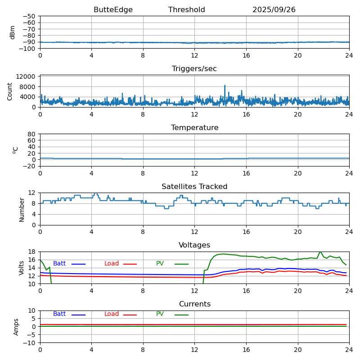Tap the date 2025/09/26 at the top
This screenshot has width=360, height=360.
pyautogui.click(x=274, y=10)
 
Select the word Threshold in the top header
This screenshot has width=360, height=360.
pyautogui.click(x=186, y=10)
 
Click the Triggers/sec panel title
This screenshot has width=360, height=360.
pyautogui.click(x=194, y=69)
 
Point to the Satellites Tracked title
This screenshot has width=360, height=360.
pyautogui.click(x=194, y=187)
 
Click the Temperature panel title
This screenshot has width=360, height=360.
pyautogui.click(x=194, y=128)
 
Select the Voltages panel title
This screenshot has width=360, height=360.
pyautogui.click(x=194, y=245)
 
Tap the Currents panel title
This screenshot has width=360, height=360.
pyautogui.click(x=194, y=304)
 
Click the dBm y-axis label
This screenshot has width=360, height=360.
pyautogui.click(x=13, y=32)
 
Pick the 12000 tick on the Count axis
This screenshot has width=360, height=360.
pyautogui.click(x=27, y=77)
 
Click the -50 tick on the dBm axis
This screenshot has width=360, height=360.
pyautogui.click(x=30, y=16)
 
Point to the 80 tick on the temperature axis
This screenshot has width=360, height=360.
pyautogui.click(x=32, y=134)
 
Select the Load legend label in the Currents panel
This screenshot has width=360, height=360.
pyautogui.click(x=112, y=314)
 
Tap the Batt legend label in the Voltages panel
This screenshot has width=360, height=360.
pyautogui.click(x=59, y=264)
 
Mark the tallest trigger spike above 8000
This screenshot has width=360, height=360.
pyautogui.click(x=225, y=85)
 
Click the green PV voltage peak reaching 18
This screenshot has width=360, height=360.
pyautogui.click(x=320, y=252)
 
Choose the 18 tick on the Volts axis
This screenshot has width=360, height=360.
pyautogui.click(x=32, y=252)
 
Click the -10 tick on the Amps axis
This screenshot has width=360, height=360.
pyautogui.click(x=30, y=343)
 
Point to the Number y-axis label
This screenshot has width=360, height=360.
pyautogui.click(x=22, y=209)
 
